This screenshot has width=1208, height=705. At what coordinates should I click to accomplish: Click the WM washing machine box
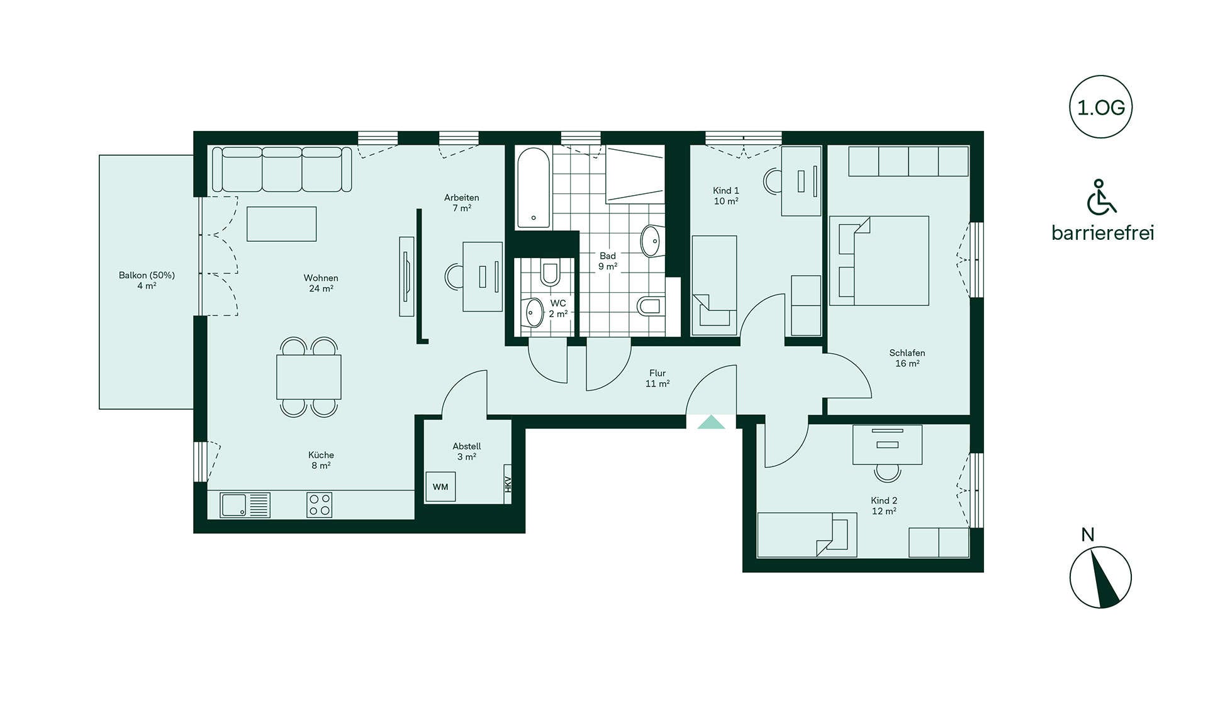(x=440, y=487)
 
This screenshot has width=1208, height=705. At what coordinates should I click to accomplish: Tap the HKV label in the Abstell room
(x=508, y=484)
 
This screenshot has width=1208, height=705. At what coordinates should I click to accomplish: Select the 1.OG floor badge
(x=1101, y=107)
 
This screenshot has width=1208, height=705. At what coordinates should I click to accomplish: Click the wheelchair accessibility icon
(x=1101, y=197)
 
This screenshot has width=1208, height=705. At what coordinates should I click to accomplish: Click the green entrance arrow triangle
(x=711, y=422)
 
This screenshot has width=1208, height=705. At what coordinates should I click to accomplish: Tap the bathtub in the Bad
(x=534, y=188)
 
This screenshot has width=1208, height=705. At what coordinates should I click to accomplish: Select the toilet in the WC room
(x=550, y=273)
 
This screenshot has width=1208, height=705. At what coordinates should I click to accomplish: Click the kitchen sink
(x=245, y=505)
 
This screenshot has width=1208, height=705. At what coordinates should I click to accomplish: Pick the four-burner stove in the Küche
(x=320, y=505)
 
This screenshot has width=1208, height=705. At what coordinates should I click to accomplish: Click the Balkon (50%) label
(x=147, y=275)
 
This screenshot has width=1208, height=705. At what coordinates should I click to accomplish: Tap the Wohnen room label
(x=321, y=278)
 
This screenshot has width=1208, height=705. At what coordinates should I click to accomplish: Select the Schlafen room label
(x=907, y=352)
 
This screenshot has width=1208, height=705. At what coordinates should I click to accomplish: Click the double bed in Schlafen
(x=879, y=261)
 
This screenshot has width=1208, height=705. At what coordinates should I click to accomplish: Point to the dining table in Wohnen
(x=309, y=377)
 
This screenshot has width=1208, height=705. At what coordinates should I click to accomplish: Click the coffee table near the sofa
(x=281, y=224)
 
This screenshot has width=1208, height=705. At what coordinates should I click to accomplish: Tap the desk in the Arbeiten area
(x=483, y=277)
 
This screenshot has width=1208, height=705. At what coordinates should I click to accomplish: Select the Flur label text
(x=657, y=373)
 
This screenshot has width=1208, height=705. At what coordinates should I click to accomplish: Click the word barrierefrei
(x=1103, y=233)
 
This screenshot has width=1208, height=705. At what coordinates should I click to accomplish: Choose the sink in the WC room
(x=534, y=312)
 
